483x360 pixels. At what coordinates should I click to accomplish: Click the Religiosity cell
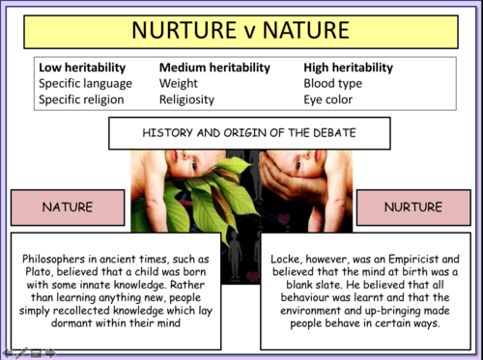click(x=186, y=99)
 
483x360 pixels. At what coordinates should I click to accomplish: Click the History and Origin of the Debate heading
click(x=241, y=131)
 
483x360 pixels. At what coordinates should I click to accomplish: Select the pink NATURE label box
click(x=68, y=208)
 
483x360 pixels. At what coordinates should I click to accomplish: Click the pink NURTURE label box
click(x=412, y=208)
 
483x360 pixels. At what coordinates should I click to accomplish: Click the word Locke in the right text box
click(x=293, y=259)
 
